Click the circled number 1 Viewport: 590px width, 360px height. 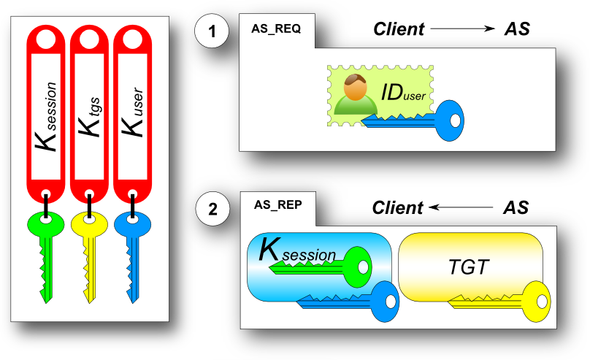click(x=212, y=32)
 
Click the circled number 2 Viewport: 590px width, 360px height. click(x=212, y=210)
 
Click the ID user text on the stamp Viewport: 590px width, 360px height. click(x=401, y=94)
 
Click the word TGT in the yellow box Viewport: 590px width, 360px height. click(x=468, y=267)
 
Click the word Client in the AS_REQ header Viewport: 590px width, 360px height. click(x=399, y=28)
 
